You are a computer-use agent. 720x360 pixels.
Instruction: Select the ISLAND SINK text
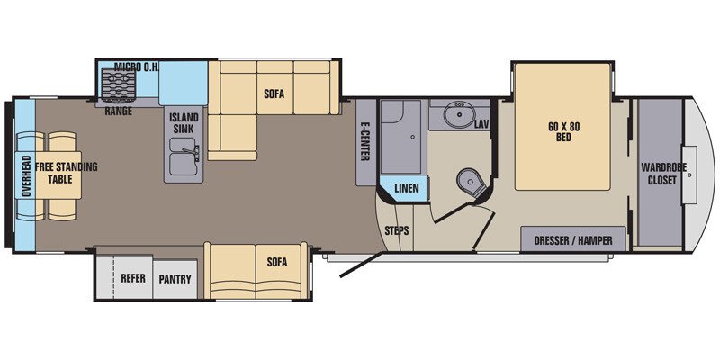[185, 123]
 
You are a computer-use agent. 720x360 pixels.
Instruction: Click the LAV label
[481, 123]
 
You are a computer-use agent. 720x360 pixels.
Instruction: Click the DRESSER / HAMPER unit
[572, 240]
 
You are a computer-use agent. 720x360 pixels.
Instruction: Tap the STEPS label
[397, 230]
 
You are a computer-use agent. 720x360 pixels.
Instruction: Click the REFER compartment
[133, 279]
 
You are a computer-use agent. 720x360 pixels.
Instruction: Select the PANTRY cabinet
[175, 279]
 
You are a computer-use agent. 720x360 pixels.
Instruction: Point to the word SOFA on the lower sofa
[277, 262]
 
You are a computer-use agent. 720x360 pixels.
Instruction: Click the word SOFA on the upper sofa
[274, 92]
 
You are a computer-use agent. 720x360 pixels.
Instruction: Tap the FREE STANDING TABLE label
[66, 173]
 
